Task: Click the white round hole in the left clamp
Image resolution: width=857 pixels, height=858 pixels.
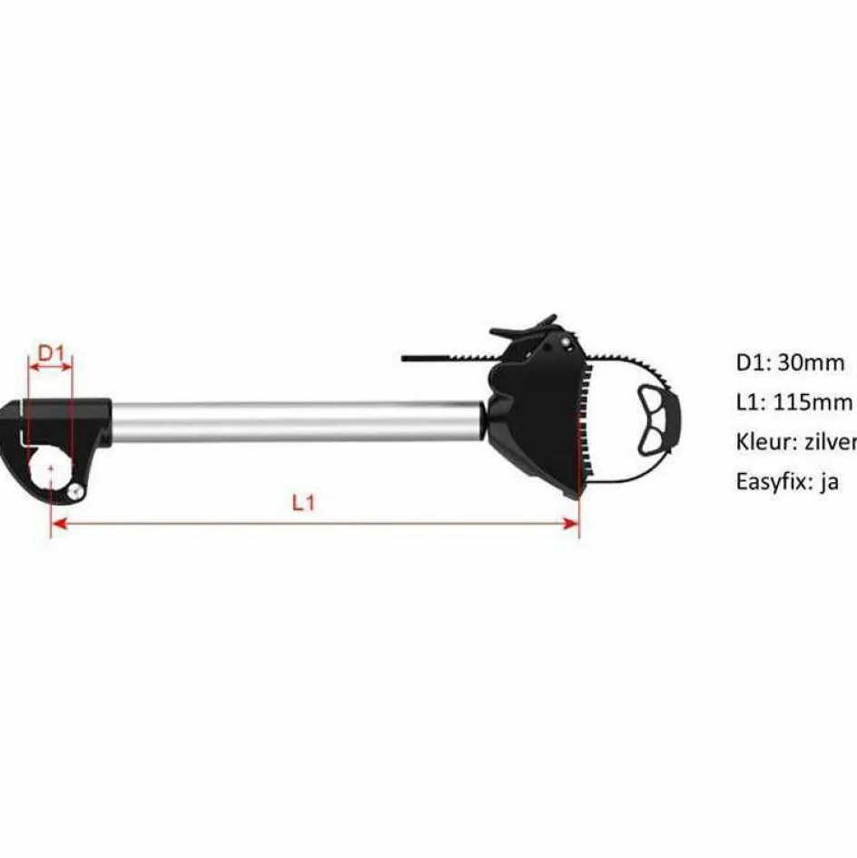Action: [x=50, y=469]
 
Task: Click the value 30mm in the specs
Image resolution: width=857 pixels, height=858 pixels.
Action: [x=812, y=363]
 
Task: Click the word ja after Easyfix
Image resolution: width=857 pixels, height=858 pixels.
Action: [x=828, y=482]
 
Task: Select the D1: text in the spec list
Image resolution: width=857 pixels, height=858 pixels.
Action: [x=753, y=363]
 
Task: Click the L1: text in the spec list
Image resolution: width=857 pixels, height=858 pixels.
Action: [x=751, y=402]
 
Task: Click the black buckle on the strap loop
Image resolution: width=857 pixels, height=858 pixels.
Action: [x=656, y=419]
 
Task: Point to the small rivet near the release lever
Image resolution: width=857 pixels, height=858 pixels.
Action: [x=567, y=344]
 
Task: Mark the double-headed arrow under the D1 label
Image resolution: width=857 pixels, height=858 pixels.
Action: [x=50, y=368]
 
